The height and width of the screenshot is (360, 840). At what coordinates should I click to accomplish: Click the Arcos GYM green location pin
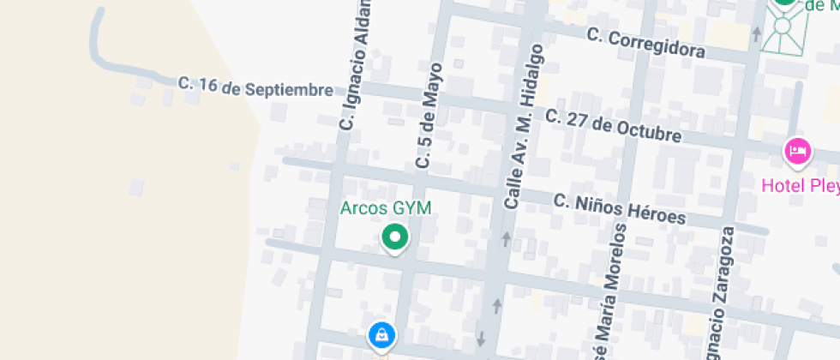tap(394, 237)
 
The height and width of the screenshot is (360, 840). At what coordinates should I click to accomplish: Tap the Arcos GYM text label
tap(386, 207)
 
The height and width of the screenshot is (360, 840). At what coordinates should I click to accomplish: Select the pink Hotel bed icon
tap(797, 153)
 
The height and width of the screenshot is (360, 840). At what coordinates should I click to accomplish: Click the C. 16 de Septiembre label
tap(255, 87)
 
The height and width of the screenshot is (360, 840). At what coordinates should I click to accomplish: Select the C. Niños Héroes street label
tap(620, 208)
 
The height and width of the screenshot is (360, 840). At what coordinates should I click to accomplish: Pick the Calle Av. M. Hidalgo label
tap(525, 126)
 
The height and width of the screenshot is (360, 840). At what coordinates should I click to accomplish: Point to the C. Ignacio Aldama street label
tap(357, 64)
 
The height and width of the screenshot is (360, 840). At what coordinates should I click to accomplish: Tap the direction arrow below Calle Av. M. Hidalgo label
tap(506, 238)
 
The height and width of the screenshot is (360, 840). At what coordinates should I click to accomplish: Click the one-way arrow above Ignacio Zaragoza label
tap(756, 34)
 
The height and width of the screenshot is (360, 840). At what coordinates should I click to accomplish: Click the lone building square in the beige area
tap(135, 187)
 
